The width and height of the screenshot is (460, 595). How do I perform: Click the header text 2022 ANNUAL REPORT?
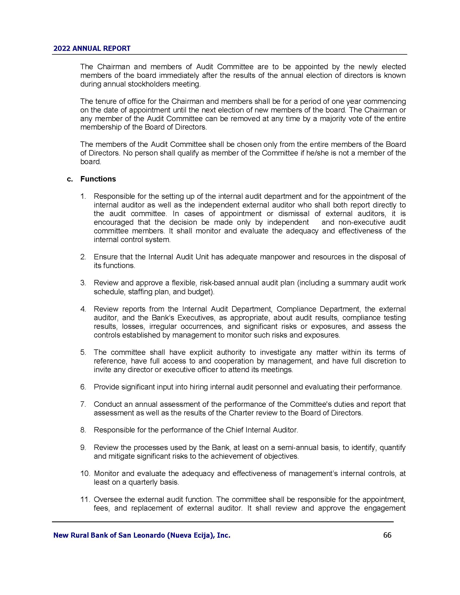click(92, 48)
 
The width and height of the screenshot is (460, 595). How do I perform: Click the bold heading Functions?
click(98, 179)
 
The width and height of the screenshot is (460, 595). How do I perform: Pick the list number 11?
click(85, 499)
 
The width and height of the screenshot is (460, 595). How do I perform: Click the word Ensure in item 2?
click(106, 257)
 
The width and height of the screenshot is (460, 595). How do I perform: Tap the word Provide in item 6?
click(107, 387)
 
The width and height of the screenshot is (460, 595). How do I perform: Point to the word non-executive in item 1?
click(362, 222)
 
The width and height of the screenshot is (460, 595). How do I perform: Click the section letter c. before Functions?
click(70, 179)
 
